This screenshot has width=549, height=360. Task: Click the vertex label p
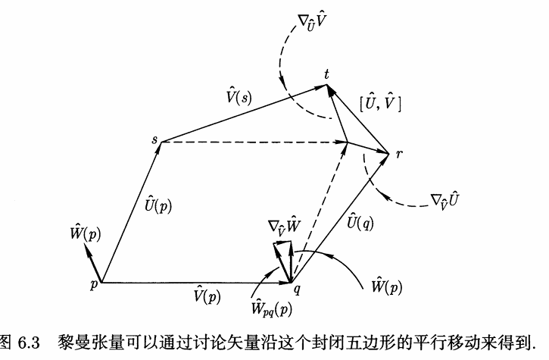coord(93,285)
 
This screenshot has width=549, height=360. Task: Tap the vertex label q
coord(297,290)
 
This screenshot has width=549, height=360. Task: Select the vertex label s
coord(154,139)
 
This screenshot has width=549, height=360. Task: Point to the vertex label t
coord(326,74)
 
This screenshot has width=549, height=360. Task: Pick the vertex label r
coord(399,154)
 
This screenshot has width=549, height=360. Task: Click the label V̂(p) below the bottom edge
coord(207,296)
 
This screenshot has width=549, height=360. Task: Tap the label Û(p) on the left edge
coord(158,205)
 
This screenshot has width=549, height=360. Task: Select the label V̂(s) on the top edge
coord(239,96)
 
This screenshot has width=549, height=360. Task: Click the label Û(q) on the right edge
coord(360,222)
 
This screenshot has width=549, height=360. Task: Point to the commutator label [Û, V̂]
coord(380,103)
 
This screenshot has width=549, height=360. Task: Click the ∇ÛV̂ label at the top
coord(312,23)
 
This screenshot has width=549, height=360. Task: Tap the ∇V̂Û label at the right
coord(445,200)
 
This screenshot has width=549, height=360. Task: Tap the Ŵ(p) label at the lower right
coord(387,286)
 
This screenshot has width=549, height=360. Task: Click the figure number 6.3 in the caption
coord(29,343)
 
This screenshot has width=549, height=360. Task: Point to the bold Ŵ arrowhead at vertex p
coord(86,247)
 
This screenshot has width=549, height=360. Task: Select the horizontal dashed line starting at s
coord(254,142)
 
